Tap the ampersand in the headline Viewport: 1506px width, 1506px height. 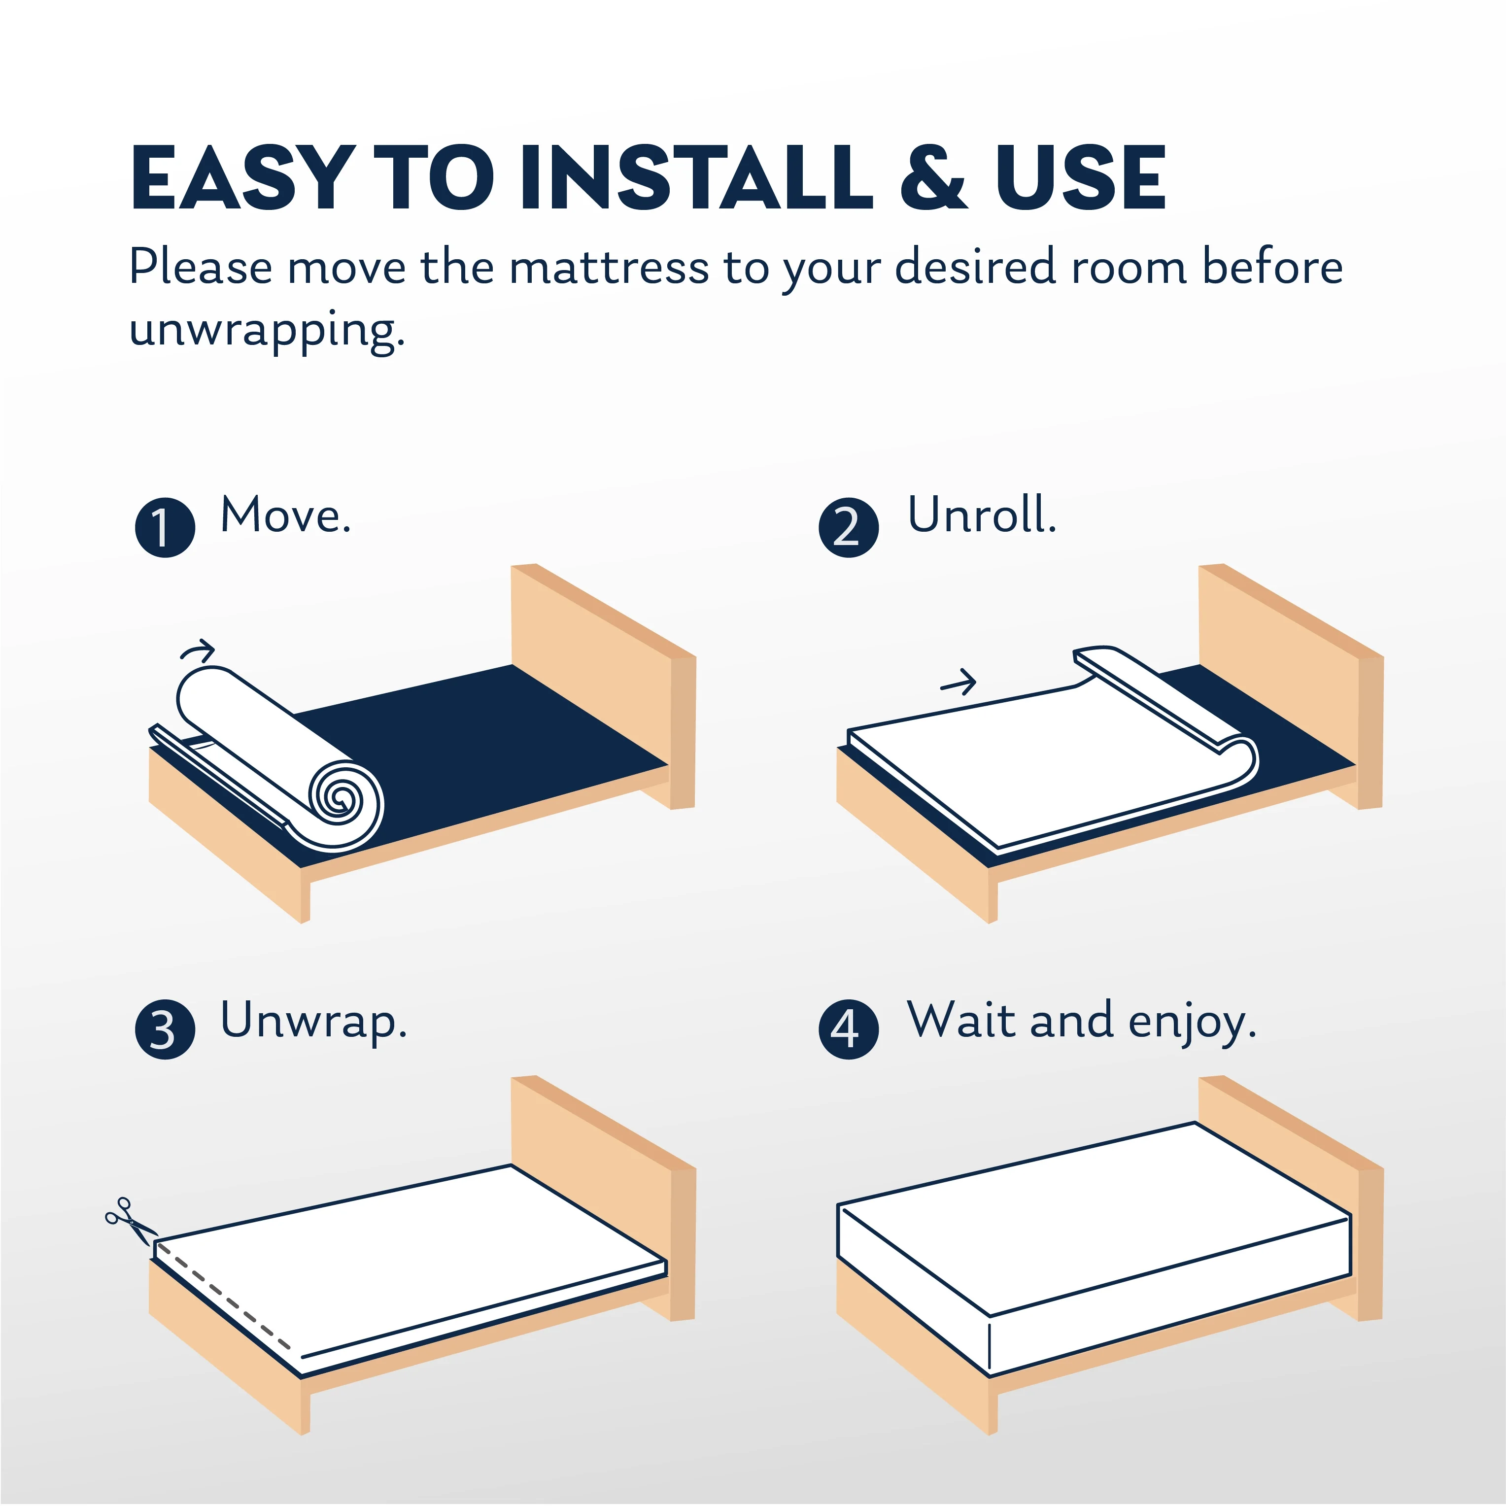tap(933, 178)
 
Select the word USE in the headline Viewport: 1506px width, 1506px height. tap(1080, 178)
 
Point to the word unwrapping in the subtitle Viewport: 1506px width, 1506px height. tap(267, 331)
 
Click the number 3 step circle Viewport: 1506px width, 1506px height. tap(165, 1029)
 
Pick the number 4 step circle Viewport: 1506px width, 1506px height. tap(848, 1029)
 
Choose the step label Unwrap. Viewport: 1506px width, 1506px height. tap(313, 1021)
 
